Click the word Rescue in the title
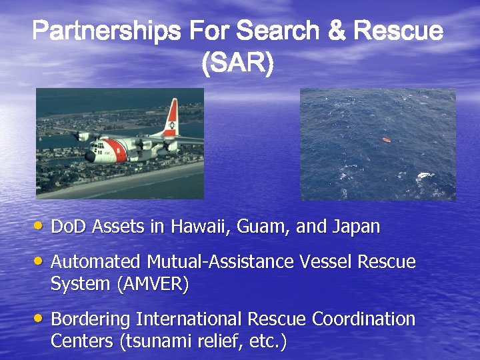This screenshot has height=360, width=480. point(398,31)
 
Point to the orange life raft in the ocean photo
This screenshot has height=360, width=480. point(386,140)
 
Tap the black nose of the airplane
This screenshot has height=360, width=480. point(89,156)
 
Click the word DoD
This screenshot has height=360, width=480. point(67,227)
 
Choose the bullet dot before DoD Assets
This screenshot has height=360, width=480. point(41,227)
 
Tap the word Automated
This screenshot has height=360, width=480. point(95,262)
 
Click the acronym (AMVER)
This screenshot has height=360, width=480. point(153,284)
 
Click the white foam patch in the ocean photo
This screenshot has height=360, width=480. point(424,177)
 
